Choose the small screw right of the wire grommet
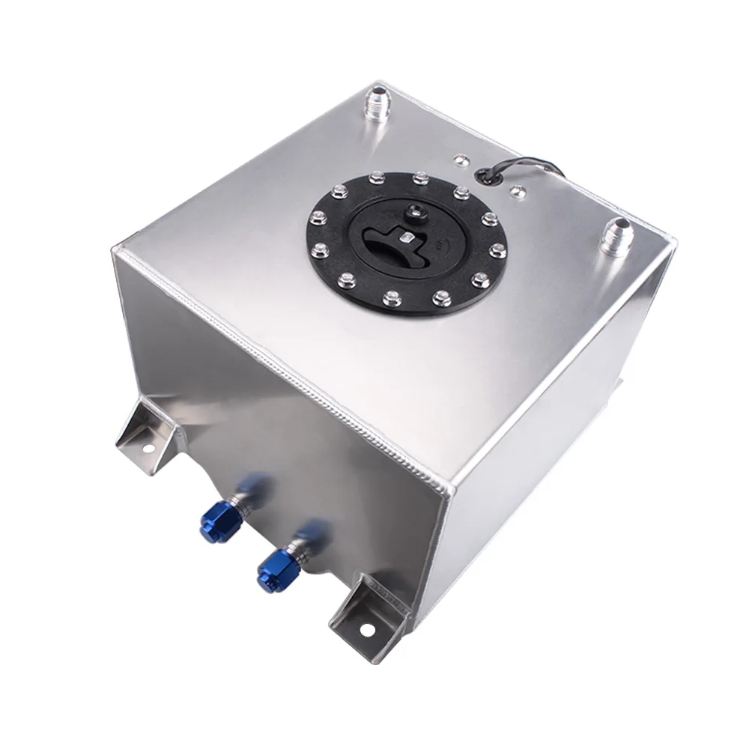[516, 192]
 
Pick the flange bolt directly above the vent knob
[419, 179]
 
